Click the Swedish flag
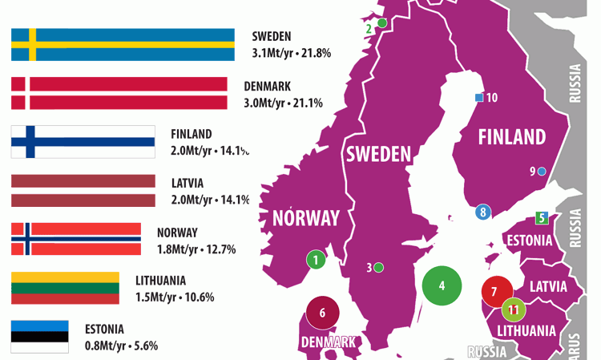click(x=123, y=45)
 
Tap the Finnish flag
click(x=83, y=142)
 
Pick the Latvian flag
click(x=83, y=191)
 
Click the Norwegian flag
click(x=75, y=239)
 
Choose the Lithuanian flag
click(x=65, y=288)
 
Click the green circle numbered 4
click(x=442, y=285)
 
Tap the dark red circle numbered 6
click(x=322, y=313)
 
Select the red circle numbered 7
click(x=494, y=292)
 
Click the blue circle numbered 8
click(x=482, y=212)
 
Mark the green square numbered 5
click(x=542, y=217)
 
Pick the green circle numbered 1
click(x=317, y=259)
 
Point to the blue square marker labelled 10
click(x=479, y=98)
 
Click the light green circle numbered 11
click(x=513, y=309)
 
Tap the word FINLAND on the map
click(x=511, y=137)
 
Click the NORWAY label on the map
click(x=305, y=217)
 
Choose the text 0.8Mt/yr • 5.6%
click(x=121, y=346)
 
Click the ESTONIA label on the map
click(x=528, y=240)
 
